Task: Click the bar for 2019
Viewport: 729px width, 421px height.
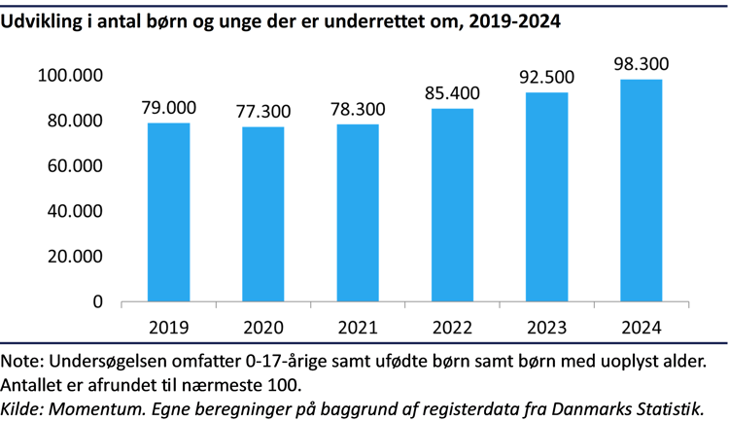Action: pyautogui.click(x=168, y=212)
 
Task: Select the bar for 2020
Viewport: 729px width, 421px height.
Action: pyautogui.click(x=262, y=214)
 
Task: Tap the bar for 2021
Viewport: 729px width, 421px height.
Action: pyautogui.click(x=358, y=213)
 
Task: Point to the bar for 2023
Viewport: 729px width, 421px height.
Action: pyautogui.click(x=546, y=196)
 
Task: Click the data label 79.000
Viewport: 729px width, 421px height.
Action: pyautogui.click(x=168, y=107)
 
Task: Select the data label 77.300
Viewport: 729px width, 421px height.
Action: pyautogui.click(x=262, y=111)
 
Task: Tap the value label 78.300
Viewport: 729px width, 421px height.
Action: pyautogui.click(x=358, y=109)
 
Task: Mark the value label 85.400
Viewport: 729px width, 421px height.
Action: pyautogui.click(x=452, y=93)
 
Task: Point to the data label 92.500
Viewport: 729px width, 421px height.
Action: pyautogui.click(x=546, y=77)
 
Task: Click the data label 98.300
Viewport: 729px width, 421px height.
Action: pyautogui.click(x=642, y=64)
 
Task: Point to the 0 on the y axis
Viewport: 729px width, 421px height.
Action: pyautogui.click(x=98, y=302)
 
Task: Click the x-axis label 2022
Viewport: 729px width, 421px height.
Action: pyautogui.click(x=452, y=327)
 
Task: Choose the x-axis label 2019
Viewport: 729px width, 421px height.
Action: pyautogui.click(x=168, y=327)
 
